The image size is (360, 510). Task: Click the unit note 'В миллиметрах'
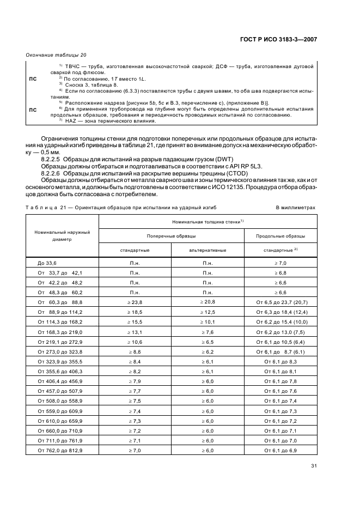point(297,208)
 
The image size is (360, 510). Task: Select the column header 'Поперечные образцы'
point(172,236)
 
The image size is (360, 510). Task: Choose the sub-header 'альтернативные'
point(208,250)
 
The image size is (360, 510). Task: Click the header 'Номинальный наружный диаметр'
point(62,236)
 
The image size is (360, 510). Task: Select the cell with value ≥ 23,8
point(135,301)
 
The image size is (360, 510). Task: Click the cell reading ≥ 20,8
point(208,301)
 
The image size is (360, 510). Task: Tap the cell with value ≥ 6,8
point(279,272)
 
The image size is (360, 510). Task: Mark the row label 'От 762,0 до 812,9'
point(60,451)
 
